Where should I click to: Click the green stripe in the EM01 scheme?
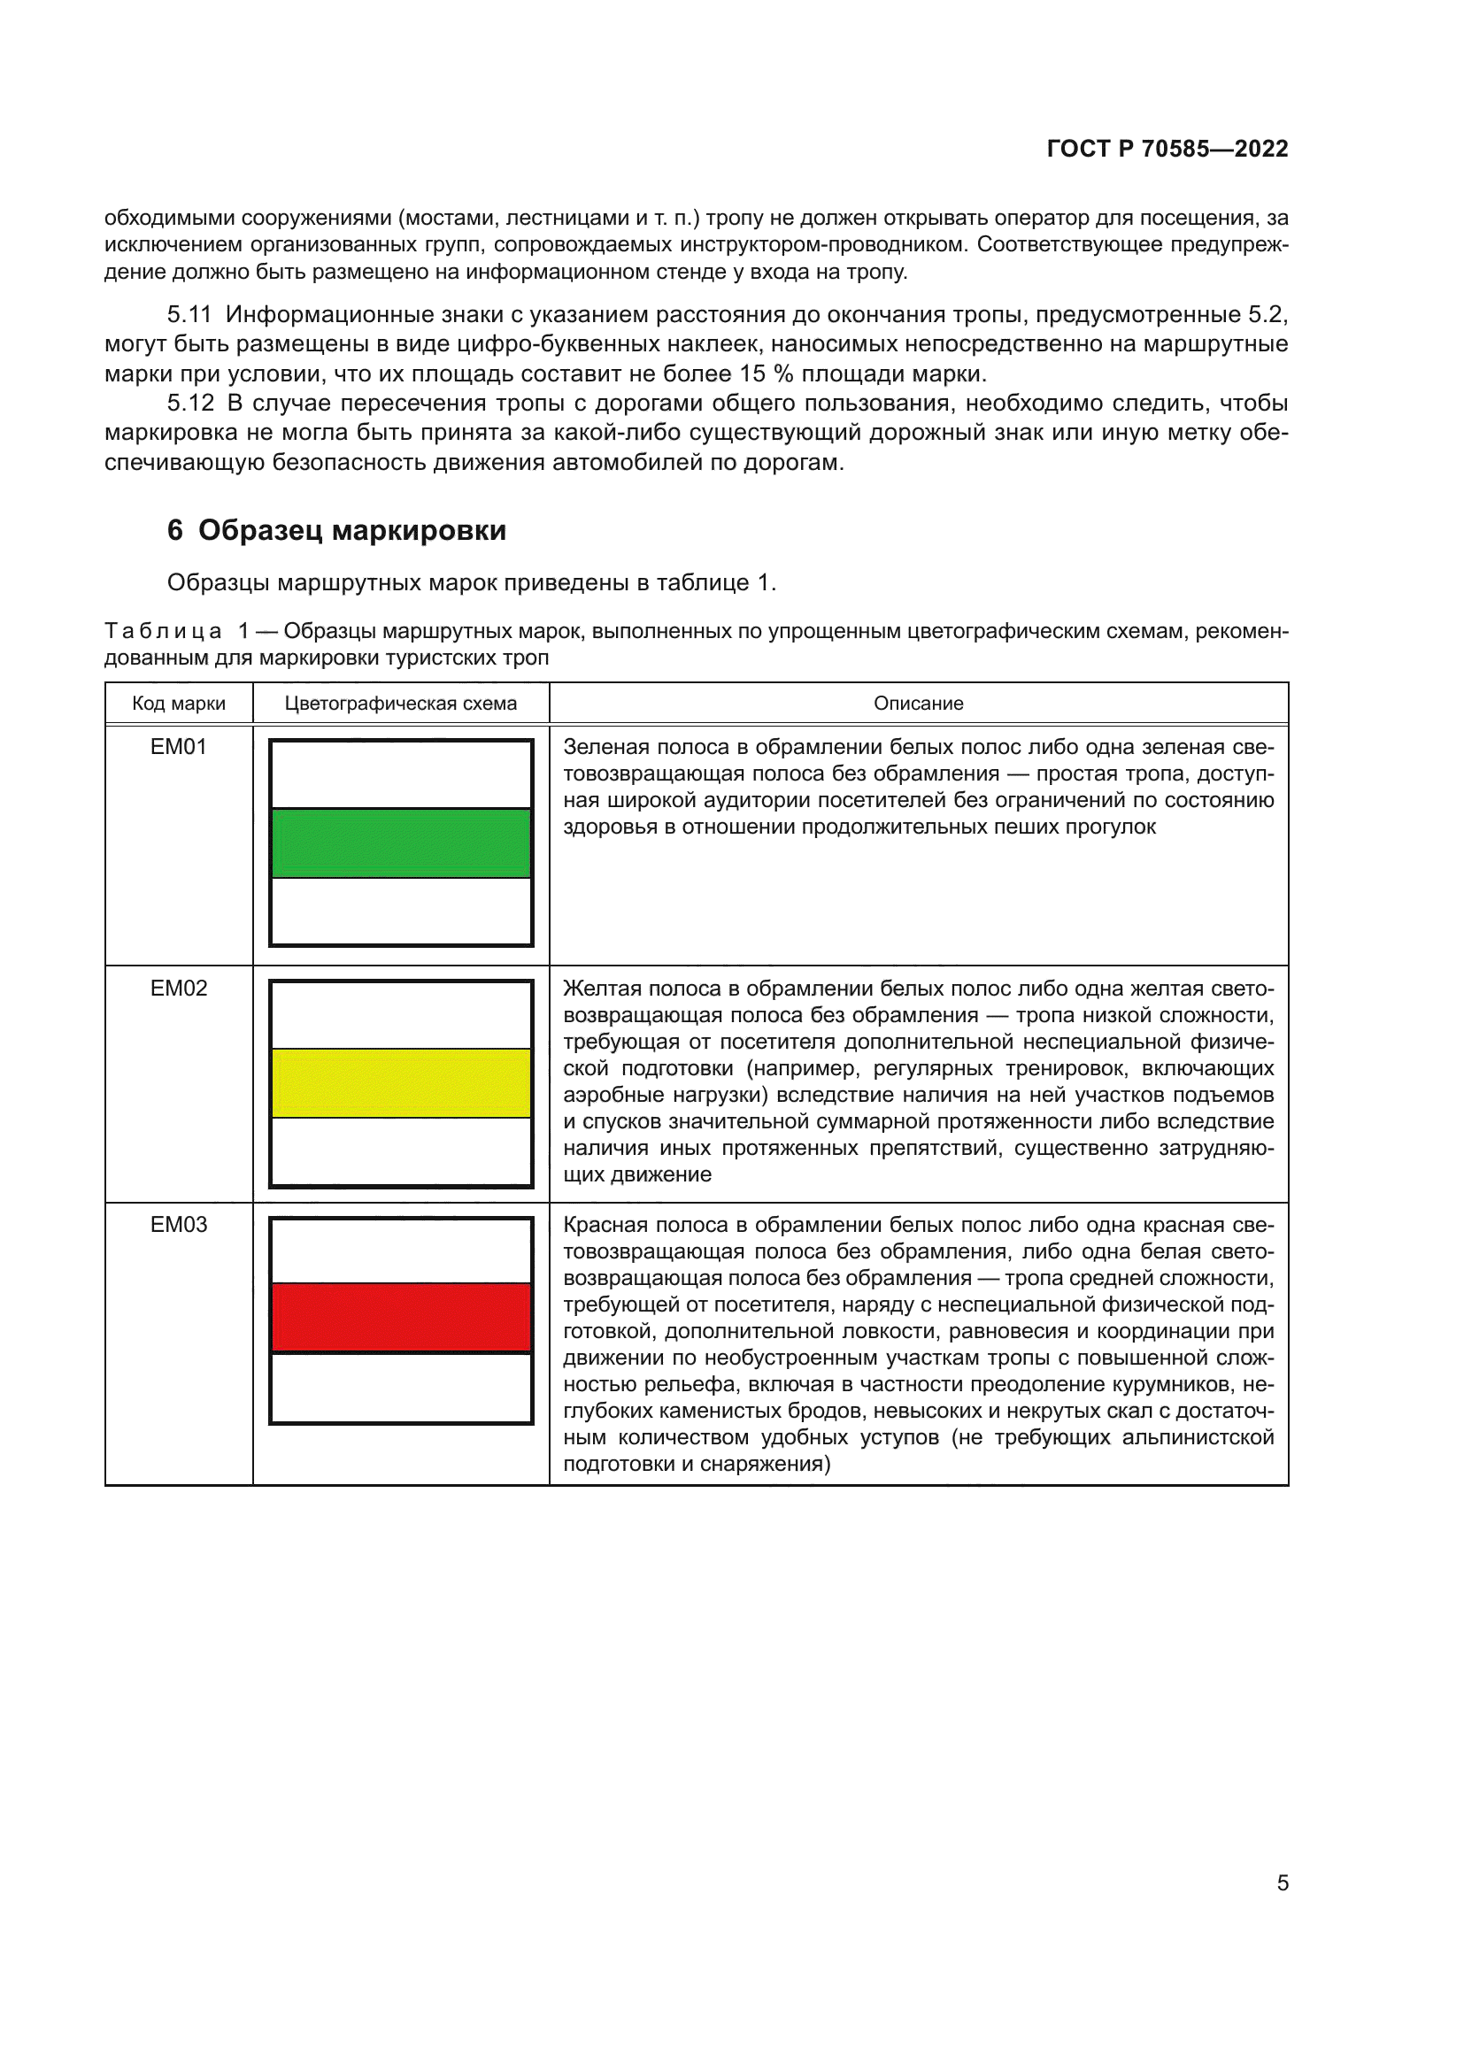point(400,843)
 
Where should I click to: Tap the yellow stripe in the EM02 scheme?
point(400,1082)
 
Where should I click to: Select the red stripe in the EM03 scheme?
point(400,1317)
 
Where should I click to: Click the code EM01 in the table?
point(179,748)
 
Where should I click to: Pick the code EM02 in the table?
point(179,989)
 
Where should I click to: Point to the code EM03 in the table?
point(179,1225)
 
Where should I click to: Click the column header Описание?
point(918,704)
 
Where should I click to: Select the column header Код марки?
point(179,704)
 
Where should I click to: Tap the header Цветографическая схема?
point(400,704)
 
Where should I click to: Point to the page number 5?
point(1282,1883)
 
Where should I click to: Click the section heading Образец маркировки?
point(351,531)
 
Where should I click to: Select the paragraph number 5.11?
point(189,315)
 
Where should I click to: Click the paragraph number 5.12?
point(190,403)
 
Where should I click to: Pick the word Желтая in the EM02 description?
point(597,989)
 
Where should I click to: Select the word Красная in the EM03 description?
point(603,1225)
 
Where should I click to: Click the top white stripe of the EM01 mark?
point(400,774)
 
